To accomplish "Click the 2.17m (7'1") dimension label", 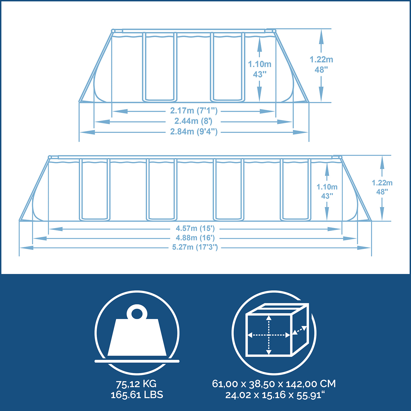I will (194, 111).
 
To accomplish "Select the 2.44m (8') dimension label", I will (193, 121).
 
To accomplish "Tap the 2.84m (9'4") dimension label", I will (194, 132).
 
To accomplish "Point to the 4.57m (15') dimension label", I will (195, 229).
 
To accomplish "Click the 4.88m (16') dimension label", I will (195, 238).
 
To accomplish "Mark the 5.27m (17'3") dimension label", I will (195, 247).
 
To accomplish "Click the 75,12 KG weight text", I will (136, 384).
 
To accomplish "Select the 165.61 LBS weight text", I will (137, 395).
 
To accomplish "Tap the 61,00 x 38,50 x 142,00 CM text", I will (274, 384).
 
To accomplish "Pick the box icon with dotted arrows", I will (277, 330).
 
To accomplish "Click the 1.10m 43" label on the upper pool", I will (259, 69).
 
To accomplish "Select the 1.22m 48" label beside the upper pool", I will (321, 65).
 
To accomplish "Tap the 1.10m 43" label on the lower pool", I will (327, 191).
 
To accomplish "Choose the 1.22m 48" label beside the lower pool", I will (382, 187).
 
